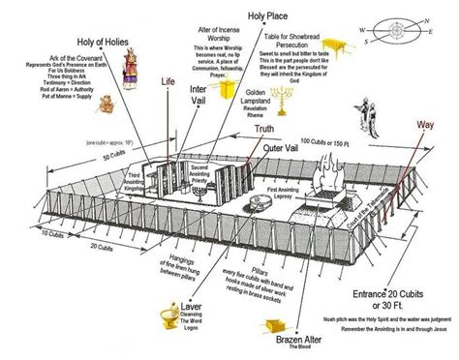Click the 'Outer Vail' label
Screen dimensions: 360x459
point(287,150)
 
